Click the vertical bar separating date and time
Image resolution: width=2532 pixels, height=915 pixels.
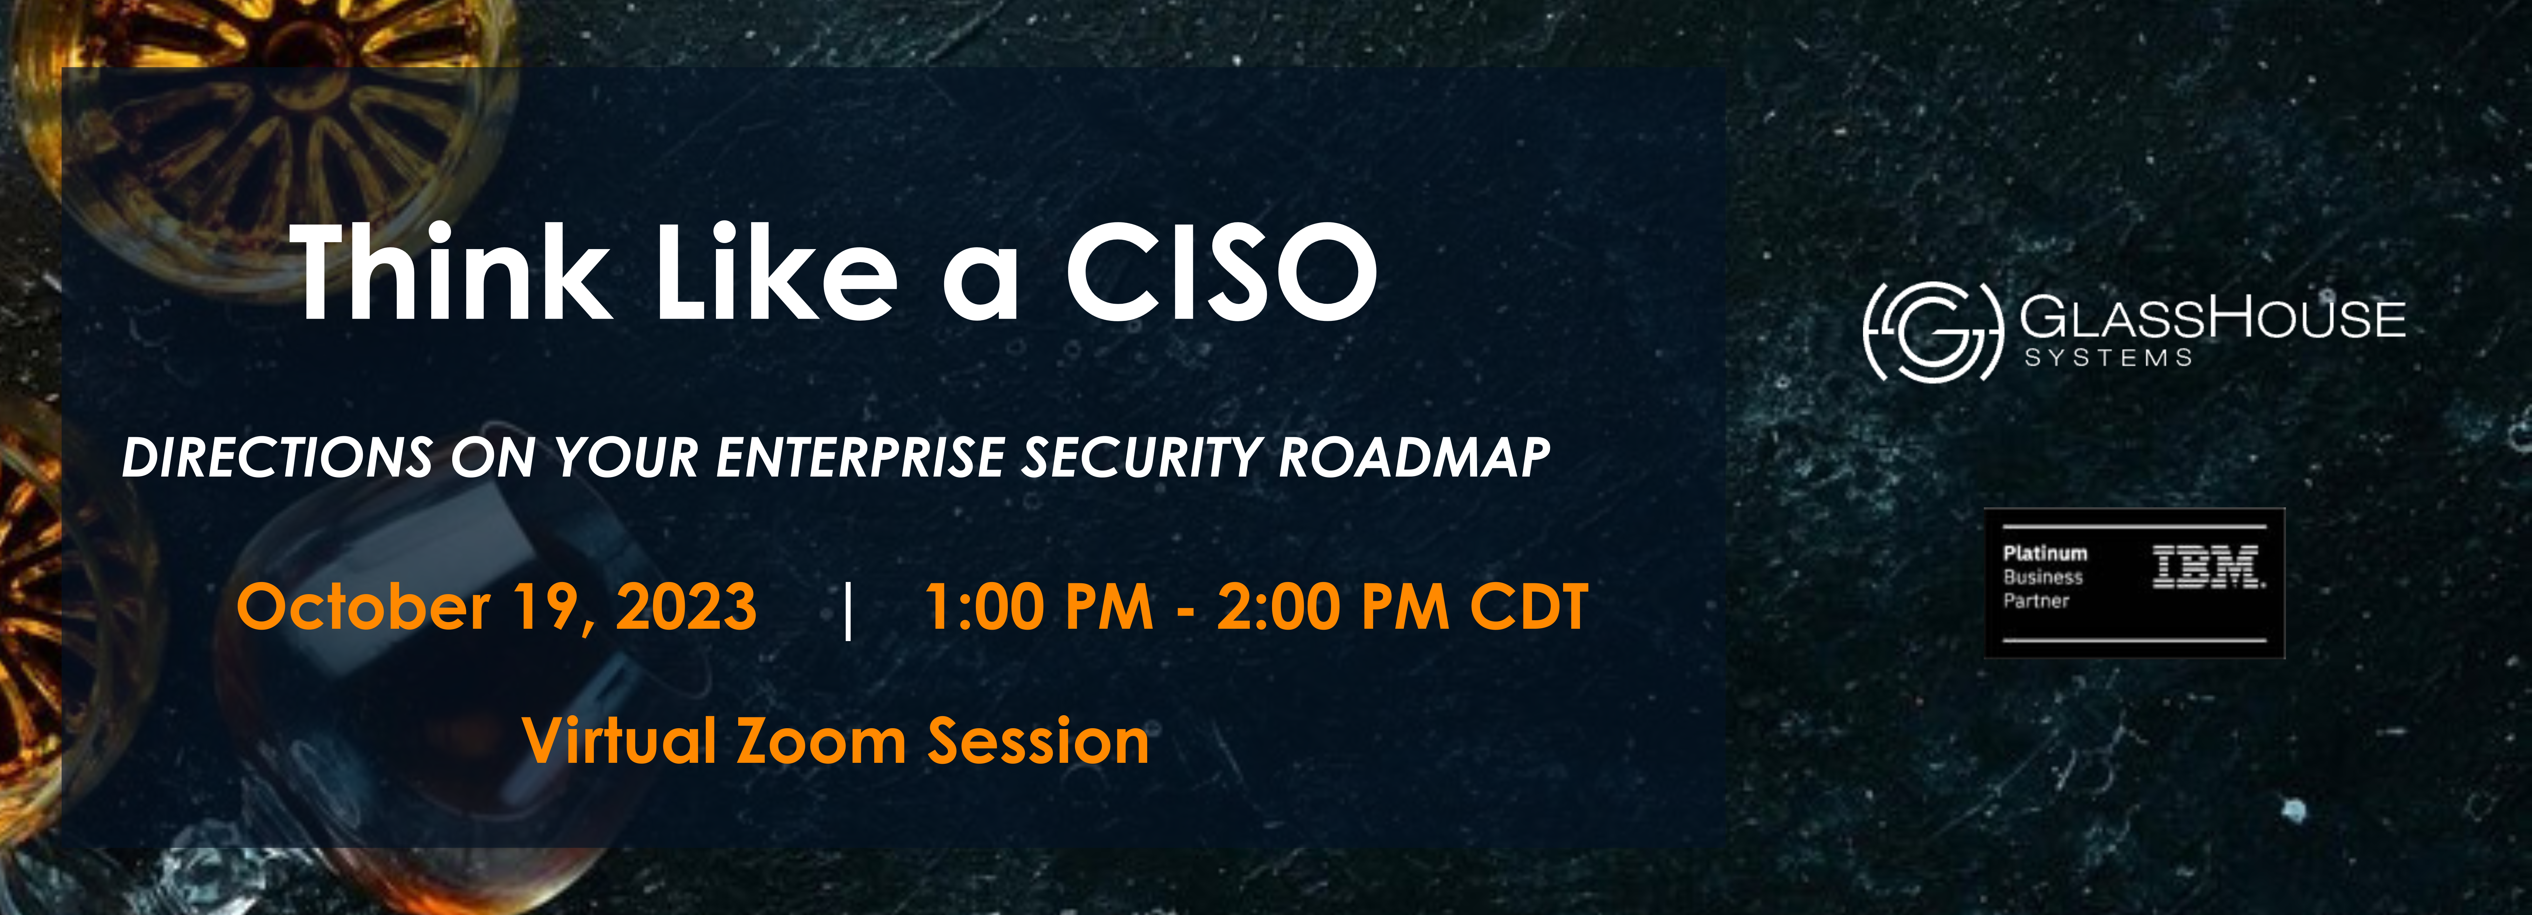(848, 609)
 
